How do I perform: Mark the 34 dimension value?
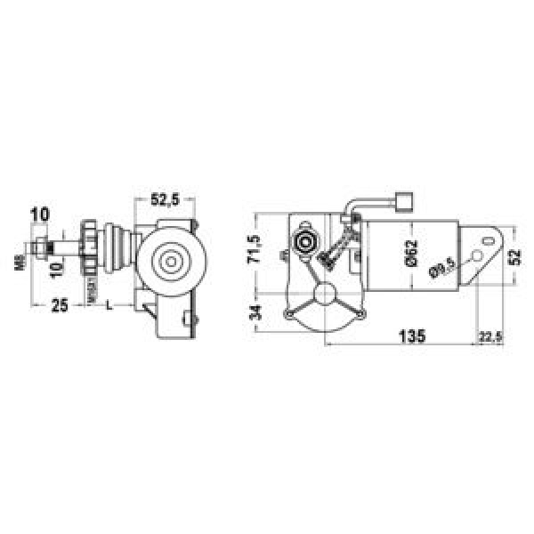255,312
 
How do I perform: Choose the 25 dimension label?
59,305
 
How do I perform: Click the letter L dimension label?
109,305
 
